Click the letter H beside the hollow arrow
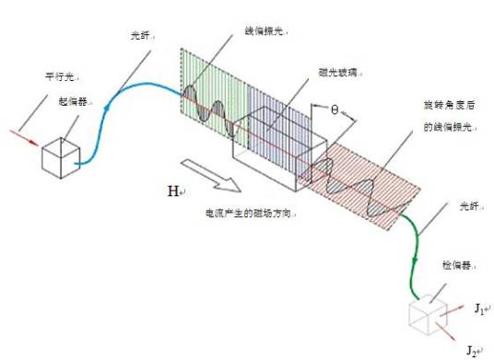tap(172, 192)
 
